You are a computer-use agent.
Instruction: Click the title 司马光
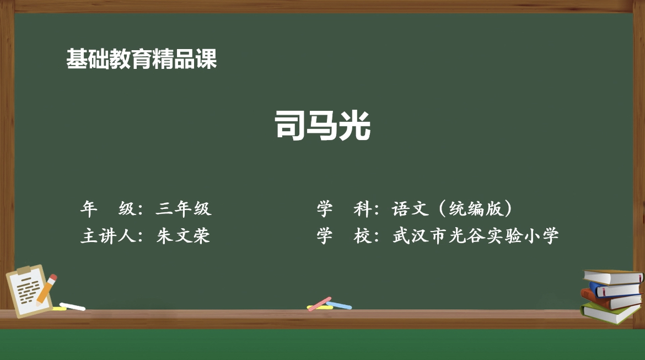[322, 126]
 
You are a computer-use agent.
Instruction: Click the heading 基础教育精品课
[142, 59]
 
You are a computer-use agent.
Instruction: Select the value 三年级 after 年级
[184, 208]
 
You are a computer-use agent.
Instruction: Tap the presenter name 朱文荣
[183, 236]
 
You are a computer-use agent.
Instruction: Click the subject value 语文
[410, 208]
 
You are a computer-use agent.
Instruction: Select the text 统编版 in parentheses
[476, 208]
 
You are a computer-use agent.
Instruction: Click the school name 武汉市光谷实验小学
[476, 236]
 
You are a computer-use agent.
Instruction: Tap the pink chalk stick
[320, 304]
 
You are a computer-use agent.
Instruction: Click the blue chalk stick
[340, 305]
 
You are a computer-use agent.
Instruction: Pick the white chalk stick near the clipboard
[72, 307]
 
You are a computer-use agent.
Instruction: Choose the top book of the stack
[613, 277]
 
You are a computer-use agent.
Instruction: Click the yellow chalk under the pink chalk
[320, 307]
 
